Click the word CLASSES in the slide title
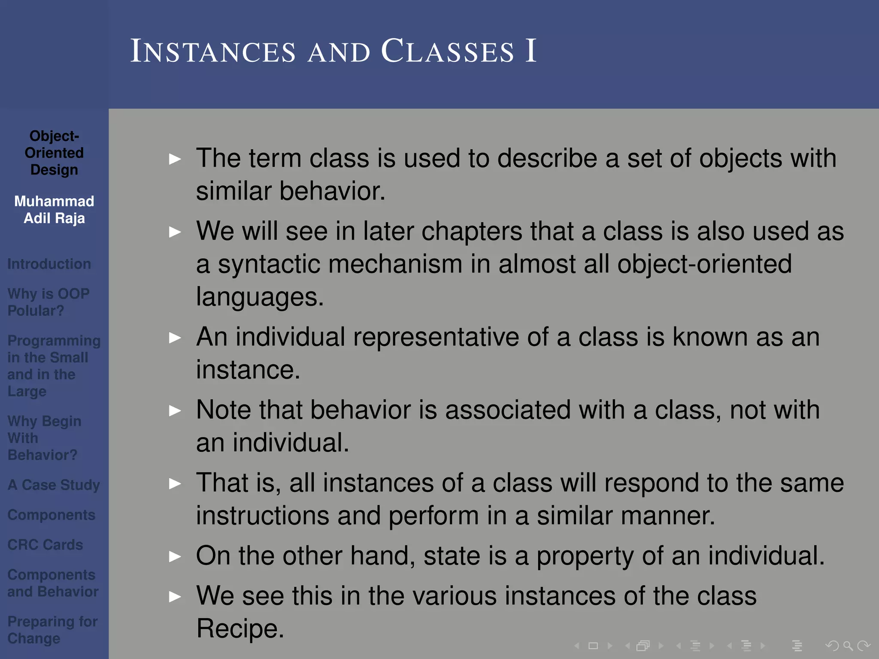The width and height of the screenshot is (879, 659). click(x=447, y=51)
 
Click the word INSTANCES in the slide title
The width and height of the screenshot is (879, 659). click(x=213, y=51)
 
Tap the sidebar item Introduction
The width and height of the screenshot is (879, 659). click(x=49, y=264)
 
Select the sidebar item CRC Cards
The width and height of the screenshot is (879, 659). click(x=45, y=545)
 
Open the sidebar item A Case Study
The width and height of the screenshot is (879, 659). click(x=54, y=485)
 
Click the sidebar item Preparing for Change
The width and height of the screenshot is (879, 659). click(x=52, y=630)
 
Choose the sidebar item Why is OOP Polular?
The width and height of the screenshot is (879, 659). click(x=48, y=302)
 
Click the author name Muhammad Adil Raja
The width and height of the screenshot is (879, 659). click(x=54, y=210)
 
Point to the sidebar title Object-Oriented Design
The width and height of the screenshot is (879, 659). click(x=54, y=153)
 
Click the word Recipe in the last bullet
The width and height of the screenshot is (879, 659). click(x=239, y=629)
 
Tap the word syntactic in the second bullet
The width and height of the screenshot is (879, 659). click(x=269, y=264)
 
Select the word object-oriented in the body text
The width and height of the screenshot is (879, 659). click(x=704, y=264)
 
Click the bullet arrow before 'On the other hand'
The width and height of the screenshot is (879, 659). click(x=175, y=557)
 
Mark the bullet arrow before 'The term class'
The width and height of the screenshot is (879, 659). click(x=175, y=160)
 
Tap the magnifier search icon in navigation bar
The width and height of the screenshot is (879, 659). click(x=848, y=646)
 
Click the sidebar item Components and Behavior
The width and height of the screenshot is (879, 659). click(x=52, y=583)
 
